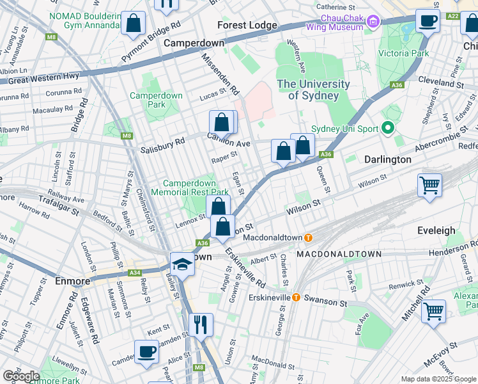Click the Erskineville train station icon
[297, 298]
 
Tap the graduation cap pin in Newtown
[182, 264]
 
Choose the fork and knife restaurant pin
[202, 324]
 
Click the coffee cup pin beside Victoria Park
[428, 20]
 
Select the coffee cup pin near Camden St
[147, 351]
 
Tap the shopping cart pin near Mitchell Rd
[434, 312]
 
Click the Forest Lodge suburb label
[247, 26]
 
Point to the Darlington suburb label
[388, 159]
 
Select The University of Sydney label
[313, 90]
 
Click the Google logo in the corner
[21, 376]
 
